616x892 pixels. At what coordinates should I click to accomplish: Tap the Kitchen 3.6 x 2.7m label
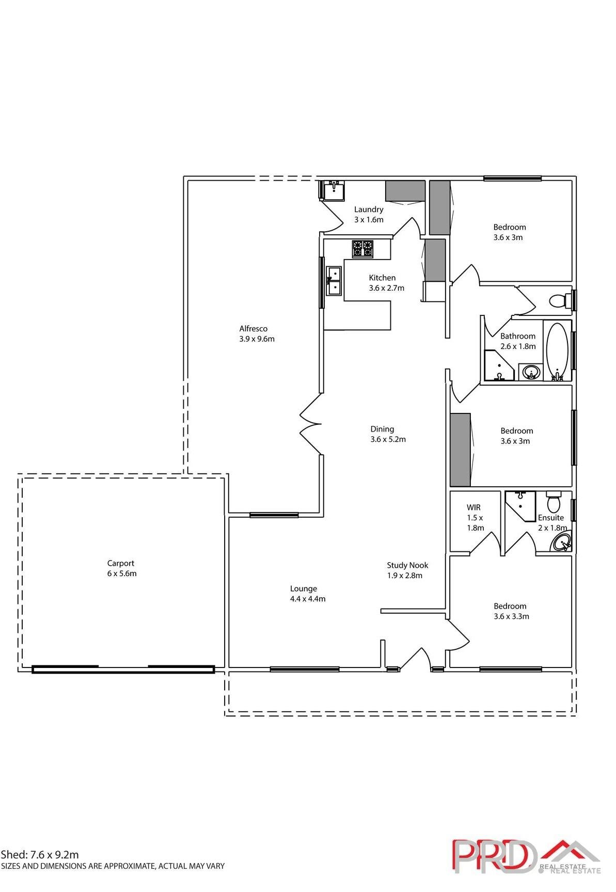[x=386, y=283]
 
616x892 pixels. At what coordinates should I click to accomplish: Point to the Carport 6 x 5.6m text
[x=121, y=568]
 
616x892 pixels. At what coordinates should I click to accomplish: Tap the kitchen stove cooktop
[x=362, y=249]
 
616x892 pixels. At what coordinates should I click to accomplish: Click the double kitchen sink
[x=334, y=281]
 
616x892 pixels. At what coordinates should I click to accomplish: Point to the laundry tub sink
[x=333, y=189]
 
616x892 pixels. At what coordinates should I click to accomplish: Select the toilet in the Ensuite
[x=553, y=501]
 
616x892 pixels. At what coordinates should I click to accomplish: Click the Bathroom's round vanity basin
[x=531, y=372]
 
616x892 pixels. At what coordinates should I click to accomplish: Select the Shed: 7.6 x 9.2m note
[x=40, y=855]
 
